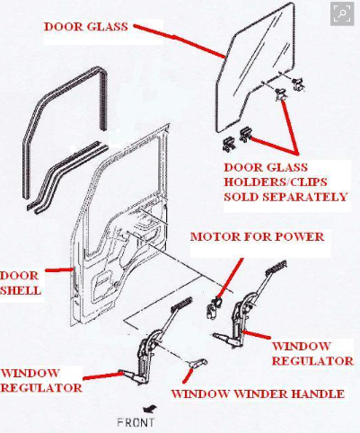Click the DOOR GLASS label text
point(86,27)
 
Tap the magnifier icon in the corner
point(342,14)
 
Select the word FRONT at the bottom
point(136,422)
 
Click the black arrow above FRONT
point(150,409)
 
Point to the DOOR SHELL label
point(20,283)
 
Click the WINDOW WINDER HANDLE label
point(258,393)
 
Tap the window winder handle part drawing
point(198,363)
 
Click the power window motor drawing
point(214,308)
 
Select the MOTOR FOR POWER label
point(257,237)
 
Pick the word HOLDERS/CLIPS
point(276,182)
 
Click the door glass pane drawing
point(254,69)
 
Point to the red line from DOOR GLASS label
point(179,40)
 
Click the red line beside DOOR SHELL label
point(58,270)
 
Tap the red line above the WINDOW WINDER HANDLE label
point(188,376)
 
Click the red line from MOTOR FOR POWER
point(230,279)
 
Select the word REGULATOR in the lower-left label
point(41,388)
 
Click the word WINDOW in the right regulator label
point(301,346)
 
